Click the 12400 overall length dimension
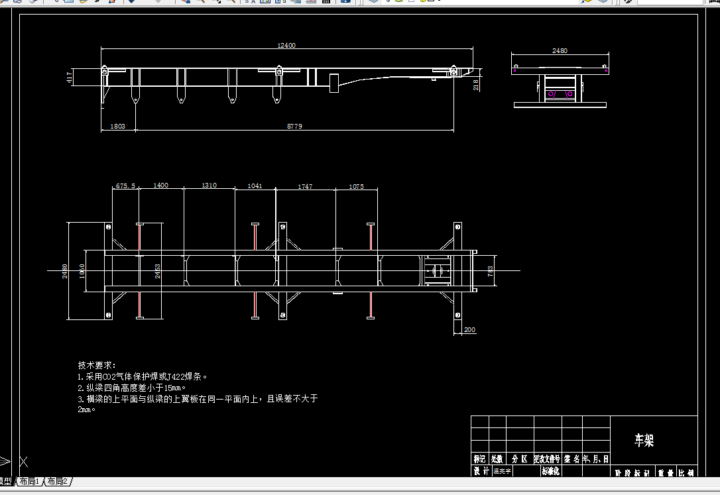pyautogui.click(x=286, y=46)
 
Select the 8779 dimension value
pyautogui.click(x=294, y=126)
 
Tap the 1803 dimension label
pyautogui.click(x=117, y=126)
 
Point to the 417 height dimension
pyautogui.click(x=70, y=78)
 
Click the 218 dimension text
pyautogui.click(x=476, y=83)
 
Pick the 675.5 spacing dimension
pyautogui.click(x=125, y=186)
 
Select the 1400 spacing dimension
pyautogui.click(x=160, y=186)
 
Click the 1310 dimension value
pyautogui.click(x=209, y=186)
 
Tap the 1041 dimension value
pyautogui.click(x=255, y=186)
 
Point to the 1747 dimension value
pyautogui.click(x=305, y=187)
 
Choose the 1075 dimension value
pyautogui.click(x=356, y=187)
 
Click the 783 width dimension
pyautogui.click(x=491, y=271)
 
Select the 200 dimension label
pyautogui.click(x=469, y=330)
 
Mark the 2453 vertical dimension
pyautogui.click(x=158, y=271)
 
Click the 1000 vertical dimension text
pyautogui.click(x=82, y=271)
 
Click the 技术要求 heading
pyautogui.click(x=97, y=365)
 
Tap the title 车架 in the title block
pyautogui.click(x=644, y=440)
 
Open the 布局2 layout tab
pyautogui.click(x=57, y=482)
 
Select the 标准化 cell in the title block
pyautogui.click(x=551, y=471)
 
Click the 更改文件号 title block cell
pyautogui.click(x=547, y=459)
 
